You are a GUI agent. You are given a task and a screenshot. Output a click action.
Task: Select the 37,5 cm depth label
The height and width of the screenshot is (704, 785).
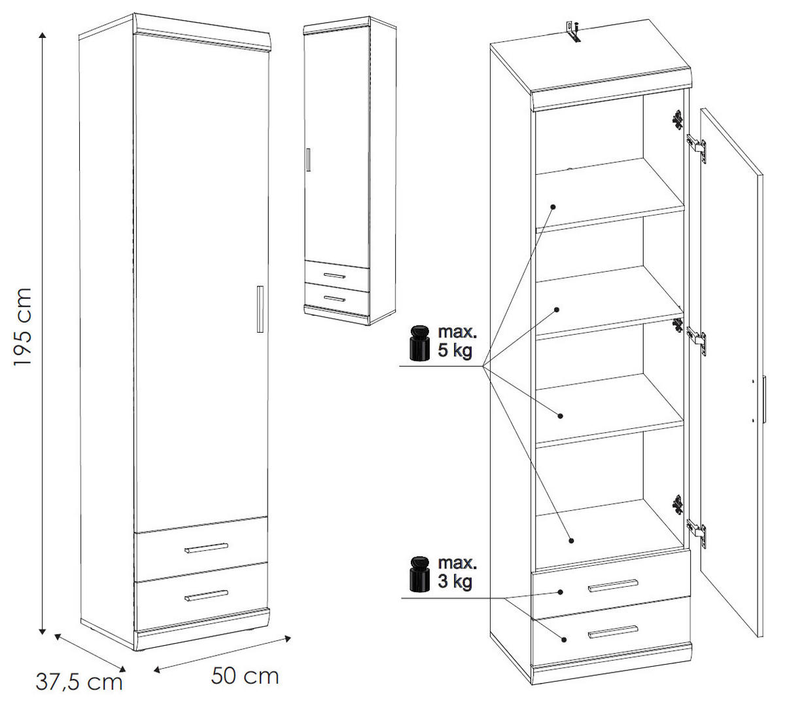(x=78, y=682)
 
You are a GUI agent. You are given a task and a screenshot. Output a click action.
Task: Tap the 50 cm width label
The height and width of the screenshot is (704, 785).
(x=245, y=675)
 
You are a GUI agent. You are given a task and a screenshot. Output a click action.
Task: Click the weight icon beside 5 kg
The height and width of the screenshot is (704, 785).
(x=418, y=343)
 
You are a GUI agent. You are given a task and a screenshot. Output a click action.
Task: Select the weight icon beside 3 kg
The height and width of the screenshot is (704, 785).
(x=418, y=574)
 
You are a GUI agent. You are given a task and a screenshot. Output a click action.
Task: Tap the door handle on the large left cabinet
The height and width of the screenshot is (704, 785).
(x=260, y=306)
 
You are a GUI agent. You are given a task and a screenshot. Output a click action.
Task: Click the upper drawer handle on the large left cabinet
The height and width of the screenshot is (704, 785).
(x=206, y=547)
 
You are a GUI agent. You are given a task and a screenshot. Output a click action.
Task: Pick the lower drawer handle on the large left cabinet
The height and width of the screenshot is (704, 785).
(x=206, y=595)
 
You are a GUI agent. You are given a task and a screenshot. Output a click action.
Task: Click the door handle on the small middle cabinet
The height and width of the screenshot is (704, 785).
(x=307, y=160)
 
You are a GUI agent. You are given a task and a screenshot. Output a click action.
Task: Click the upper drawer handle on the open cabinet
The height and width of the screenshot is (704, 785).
(x=612, y=585)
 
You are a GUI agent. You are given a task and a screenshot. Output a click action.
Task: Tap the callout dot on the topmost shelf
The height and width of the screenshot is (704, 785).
(x=553, y=206)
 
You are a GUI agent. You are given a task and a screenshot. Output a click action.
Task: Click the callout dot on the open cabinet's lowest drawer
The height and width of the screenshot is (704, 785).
(x=563, y=639)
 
